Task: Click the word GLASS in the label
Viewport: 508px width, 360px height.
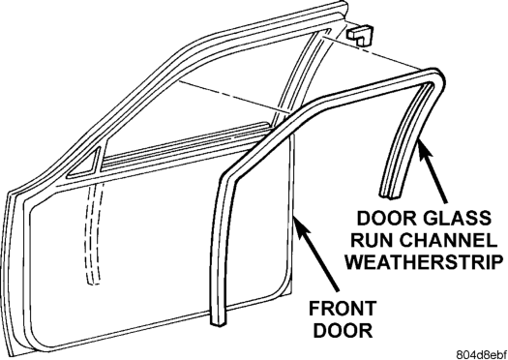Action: click(458, 218)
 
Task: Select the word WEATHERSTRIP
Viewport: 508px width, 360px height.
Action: click(424, 261)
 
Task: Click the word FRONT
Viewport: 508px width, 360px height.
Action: click(343, 308)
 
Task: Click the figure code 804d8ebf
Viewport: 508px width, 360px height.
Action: click(482, 354)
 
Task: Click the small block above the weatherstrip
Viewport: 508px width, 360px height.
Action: click(360, 34)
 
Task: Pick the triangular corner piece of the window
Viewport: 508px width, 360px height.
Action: click(85, 165)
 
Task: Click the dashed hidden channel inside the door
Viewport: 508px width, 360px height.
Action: click(93, 233)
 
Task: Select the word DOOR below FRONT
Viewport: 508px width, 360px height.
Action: click(343, 330)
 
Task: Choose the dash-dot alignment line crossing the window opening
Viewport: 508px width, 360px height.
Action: click(234, 97)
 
